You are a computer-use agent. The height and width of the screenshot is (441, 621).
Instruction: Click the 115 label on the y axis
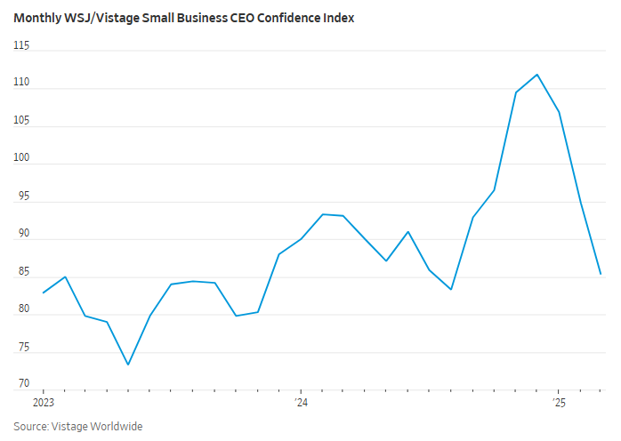point(22,44)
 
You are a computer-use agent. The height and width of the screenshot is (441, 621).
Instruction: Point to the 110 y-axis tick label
point(22,83)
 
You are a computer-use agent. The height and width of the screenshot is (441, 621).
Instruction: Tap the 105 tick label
point(22,120)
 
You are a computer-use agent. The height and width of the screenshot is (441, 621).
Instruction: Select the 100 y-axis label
point(22,158)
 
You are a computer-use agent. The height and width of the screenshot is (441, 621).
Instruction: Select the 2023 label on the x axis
point(43,403)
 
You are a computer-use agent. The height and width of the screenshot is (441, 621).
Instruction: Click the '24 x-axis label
point(301,403)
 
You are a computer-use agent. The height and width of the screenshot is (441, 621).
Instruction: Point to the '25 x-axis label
point(558,403)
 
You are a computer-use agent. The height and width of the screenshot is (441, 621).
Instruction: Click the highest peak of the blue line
point(536,75)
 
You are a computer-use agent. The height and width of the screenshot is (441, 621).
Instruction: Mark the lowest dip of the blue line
point(128,365)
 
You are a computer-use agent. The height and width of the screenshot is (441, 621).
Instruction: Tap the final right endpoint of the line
point(601,274)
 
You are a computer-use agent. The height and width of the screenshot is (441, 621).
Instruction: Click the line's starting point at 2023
point(43,293)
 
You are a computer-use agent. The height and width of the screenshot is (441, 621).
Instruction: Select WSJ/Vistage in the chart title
point(93,18)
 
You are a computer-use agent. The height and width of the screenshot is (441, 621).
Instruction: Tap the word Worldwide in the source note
point(112,427)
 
